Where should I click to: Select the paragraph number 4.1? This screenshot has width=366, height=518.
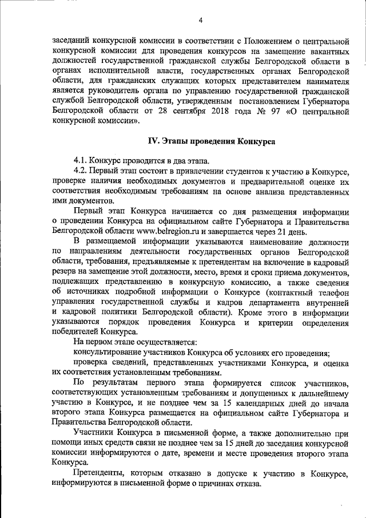[x=82, y=160]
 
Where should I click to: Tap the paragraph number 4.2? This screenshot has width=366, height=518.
[x=82, y=171]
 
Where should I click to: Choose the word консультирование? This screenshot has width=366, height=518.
[x=109, y=351]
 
